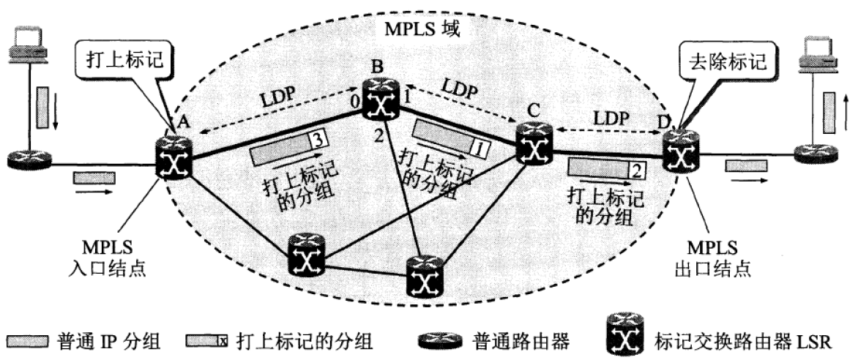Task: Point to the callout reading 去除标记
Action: (x=725, y=61)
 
